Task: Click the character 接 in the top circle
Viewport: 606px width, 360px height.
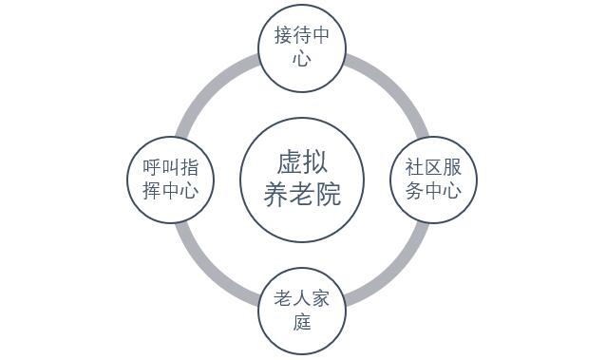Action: tap(283, 35)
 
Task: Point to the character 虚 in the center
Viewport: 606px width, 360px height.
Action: tap(289, 162)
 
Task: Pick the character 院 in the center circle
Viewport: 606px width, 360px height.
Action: tap(328, 194)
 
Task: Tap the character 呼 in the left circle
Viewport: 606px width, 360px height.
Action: tap(152, 167)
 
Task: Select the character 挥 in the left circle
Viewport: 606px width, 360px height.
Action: tap(152, 191)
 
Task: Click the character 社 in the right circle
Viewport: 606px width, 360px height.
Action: tap(415, 167)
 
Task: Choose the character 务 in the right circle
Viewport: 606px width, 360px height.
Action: tap(415, 191)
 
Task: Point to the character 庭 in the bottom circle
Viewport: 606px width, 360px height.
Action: tap(302, 322)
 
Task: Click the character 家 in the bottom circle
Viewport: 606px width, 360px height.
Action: tap(320, 299)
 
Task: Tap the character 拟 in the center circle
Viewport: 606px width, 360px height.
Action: tap(314, 162)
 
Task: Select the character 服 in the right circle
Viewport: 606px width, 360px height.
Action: tap(452, 167)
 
